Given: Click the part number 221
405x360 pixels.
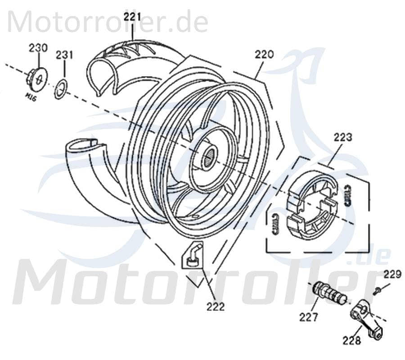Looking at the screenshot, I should (133, 17).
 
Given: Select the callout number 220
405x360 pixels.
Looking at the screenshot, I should (264, 54).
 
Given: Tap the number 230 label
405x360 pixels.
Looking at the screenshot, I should (38, 48).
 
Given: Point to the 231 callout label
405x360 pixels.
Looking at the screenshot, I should (64, 55).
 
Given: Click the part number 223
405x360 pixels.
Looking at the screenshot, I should (343, 137).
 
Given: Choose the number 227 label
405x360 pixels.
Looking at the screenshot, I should (309, 317).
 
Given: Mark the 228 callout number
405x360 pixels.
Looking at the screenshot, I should (351, 341).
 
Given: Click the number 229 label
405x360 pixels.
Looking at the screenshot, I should (391, 274).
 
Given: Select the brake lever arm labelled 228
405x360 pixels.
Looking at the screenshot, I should (367, 319).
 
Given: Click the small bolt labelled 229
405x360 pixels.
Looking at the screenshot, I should (377, 290).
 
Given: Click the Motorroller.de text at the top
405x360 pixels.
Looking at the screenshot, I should (108, 22).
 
